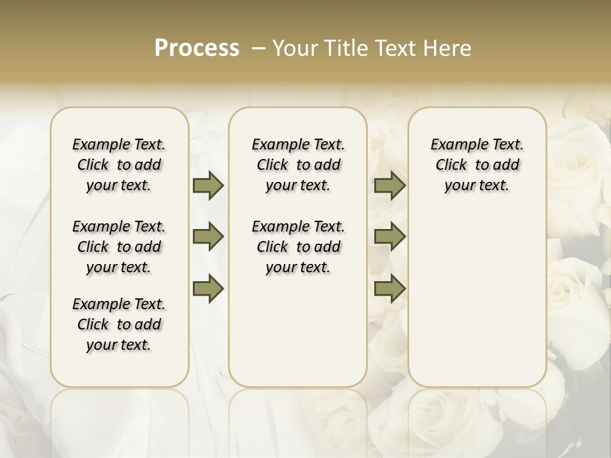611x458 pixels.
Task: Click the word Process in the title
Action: [x=197, y=48]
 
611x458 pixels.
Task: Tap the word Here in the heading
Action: [x=447, y=48]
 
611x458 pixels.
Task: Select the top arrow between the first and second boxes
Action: [x=208, y=186]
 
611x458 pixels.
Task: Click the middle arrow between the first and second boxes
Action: [x=208, y=237]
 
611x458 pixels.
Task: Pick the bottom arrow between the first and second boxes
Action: [x=208, y=289]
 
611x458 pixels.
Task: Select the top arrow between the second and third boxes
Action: [x=390, y=186]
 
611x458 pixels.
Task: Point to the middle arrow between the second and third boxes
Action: [x=390, y=237]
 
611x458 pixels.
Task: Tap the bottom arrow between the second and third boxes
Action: [x=390, y=289]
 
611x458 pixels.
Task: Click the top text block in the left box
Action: [x=119, y=165]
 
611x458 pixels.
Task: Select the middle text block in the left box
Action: [x=119, y=247]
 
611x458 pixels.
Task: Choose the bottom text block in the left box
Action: [x=119, y=324]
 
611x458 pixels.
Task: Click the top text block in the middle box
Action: [x=298, y=165]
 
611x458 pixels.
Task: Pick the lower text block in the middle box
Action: [x=298, y=247]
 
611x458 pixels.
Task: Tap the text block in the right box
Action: [x=477, y=165]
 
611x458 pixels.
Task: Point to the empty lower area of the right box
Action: [x=477, y=293]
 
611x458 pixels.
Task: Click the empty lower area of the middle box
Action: [x=298, y=331]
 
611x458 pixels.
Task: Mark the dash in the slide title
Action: [x=259, y=48]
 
